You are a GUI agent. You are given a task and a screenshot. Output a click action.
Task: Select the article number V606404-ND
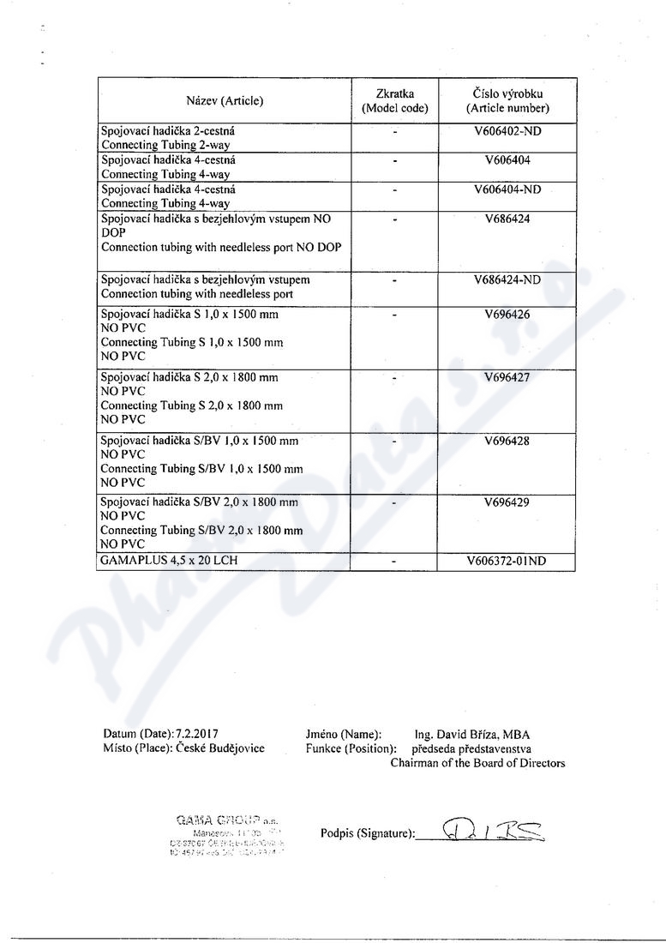507,189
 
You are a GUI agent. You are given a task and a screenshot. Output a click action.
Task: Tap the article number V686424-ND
507,279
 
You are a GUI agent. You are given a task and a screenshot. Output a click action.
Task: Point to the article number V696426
507,315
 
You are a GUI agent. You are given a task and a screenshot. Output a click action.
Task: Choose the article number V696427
507,377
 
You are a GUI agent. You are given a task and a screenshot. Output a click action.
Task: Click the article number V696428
507,441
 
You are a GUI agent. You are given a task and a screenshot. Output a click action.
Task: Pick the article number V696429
507,502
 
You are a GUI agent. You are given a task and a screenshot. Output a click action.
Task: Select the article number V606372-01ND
507,562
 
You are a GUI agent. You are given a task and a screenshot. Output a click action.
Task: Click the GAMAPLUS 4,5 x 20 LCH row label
169,562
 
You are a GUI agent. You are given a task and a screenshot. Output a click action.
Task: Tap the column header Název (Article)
225,101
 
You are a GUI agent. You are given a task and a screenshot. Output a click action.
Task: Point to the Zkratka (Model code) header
395,101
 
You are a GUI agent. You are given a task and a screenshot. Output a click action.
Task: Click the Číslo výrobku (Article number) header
507,101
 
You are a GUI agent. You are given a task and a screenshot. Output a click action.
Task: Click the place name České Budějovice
220,748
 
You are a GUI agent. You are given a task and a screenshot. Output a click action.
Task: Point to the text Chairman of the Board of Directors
477,763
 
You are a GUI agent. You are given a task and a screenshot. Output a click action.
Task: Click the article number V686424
507,219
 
